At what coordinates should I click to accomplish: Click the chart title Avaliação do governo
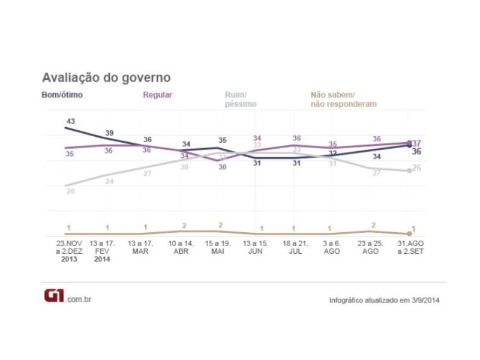click(x=106, y=78)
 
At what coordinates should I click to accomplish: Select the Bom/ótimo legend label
click(x=62, y=95)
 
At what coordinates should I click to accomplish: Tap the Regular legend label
click(x=157, y=95)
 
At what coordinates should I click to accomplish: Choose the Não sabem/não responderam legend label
click(x=343, y=100)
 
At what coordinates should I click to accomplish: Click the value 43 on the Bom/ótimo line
click(x=70, y=121)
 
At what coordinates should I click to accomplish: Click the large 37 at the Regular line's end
click(x=417, y=143)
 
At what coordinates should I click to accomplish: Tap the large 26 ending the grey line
click(x=417, y=167)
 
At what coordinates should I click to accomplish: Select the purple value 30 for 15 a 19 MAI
click(x=222, y=167)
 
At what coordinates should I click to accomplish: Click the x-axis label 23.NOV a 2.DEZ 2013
click(x=69, y=251)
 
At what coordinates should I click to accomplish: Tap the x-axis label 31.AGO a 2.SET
click(x=409, y=248)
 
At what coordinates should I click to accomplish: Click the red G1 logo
click(x=55, y=296)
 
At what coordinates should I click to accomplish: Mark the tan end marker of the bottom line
click(x=409, y=233)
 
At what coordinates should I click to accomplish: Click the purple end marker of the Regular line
click(x=409, y=143)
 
